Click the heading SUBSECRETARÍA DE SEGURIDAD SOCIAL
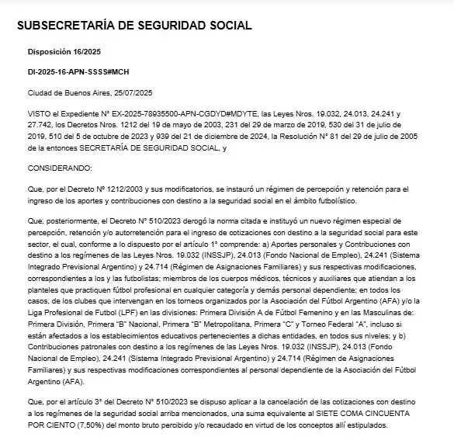click(133, 25)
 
